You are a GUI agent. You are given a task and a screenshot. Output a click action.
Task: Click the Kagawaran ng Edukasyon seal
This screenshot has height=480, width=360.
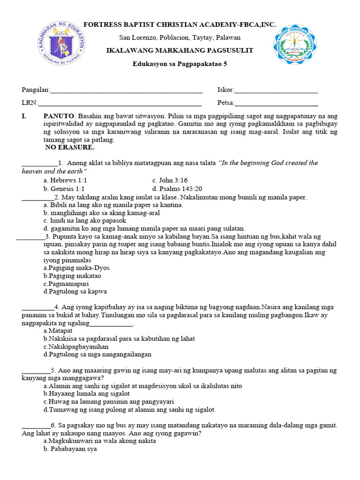pyautogui.click(x=62, y=45)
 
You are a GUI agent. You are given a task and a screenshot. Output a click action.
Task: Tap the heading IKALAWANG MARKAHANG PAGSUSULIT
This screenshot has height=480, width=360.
pyautogui.click(x=180, y=50)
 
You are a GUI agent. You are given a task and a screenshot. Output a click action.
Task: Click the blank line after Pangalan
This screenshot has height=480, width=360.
pyautogui.click(x=126, y=90)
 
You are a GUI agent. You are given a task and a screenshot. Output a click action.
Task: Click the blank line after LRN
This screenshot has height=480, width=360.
pyautogui.click(x=119, y=103)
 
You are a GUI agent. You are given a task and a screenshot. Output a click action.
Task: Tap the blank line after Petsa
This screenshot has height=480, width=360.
pyautogui.click(x=277, y=103)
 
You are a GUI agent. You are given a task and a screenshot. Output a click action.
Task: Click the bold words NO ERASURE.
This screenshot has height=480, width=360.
pyautogui.click(x=70, y=147)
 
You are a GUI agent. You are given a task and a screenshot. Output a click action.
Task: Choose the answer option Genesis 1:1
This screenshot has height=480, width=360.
pyautogui.click(x=64, y=188)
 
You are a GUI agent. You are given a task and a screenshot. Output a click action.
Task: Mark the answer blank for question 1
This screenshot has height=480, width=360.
pyautogui.click(x=39, y=164)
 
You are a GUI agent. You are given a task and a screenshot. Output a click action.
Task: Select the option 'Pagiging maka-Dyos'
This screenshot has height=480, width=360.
pyautogui.click(x=76, y=268)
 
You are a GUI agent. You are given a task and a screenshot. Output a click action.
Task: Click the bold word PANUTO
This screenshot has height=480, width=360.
pyautogui.click(x=59, y=116)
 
